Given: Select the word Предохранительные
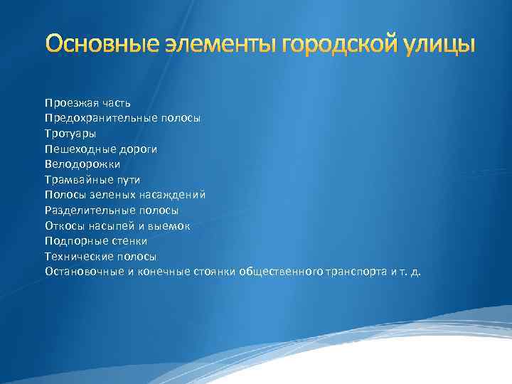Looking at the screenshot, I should pos(97,119).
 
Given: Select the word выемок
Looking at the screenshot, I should pos(172,225).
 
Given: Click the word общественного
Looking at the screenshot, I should pos(282,272).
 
